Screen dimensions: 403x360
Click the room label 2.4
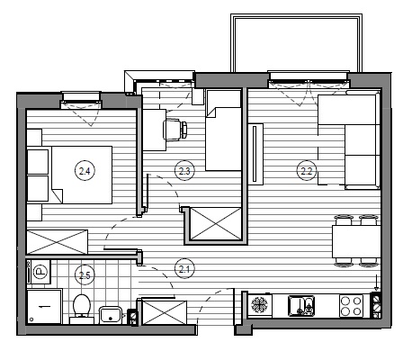click(x=85, y=171)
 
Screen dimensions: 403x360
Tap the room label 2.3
click(x=184, y=171)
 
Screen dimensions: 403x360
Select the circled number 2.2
click(x=307, y=171)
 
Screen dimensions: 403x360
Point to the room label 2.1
click(x=184, y=269)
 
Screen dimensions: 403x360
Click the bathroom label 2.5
click(x=85, y=274)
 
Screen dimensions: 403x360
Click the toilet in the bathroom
click(x=82, y=309)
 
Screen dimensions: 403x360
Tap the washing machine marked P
click(x=39, y=272)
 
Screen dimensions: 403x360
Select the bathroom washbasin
click(x=111, y=315)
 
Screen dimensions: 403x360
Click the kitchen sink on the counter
click(x=301, y=306)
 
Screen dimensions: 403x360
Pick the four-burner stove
click(x=351, y=306)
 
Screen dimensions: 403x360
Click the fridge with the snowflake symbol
click(x=260, y=305)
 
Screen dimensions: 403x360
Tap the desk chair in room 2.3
click(x=175, y=130)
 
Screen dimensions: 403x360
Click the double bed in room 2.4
click(x=82, y=175)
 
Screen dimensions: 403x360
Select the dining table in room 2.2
click(x=356, y=241)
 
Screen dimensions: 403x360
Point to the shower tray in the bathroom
click(x=44, y=306)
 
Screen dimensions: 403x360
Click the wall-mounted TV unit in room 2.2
click(x=255, y=154)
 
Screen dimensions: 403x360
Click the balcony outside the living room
click(x=296, y=43)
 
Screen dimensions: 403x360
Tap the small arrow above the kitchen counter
click(x=377, y=283)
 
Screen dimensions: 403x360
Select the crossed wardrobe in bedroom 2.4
click(x=58, y=242)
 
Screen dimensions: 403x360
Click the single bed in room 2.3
click(x=223, y=130)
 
